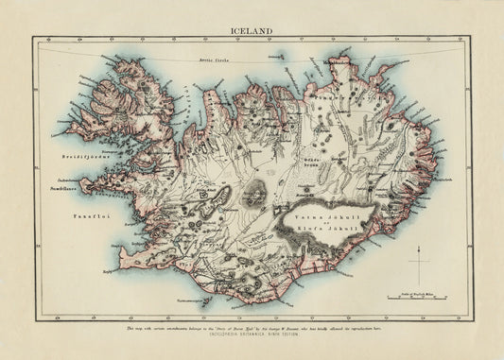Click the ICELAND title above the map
pyautogui.click(x=252, y=29)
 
